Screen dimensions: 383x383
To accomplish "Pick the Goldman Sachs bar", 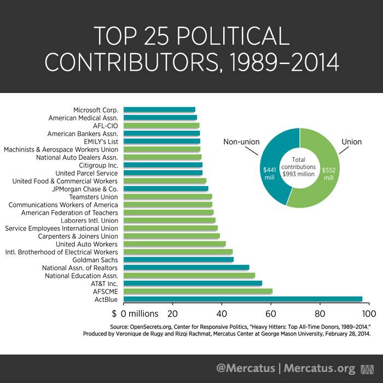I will [178, 260].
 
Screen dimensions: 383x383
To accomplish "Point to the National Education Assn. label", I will [82, 276].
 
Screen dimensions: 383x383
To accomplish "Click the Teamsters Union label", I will [94, 196].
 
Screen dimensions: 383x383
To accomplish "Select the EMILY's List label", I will [98, 141].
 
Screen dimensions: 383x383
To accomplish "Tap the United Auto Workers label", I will [86, 244].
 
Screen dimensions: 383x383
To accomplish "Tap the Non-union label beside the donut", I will [241, 142].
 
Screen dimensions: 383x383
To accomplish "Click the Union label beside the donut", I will [351, 142].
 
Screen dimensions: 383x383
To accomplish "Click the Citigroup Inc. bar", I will [163, 165].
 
